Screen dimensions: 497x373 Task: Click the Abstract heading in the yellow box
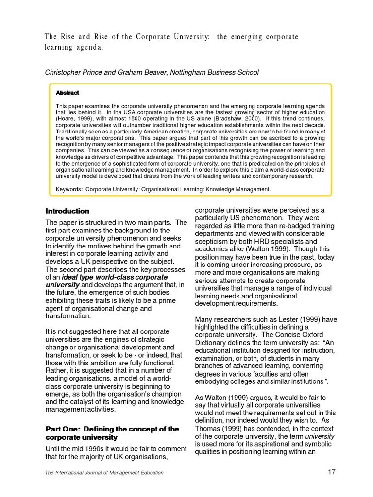[68, 93]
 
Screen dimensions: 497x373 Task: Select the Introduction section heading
[68, 211]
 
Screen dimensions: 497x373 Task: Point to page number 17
[331, 472]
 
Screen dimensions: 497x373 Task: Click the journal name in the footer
[104, 473]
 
